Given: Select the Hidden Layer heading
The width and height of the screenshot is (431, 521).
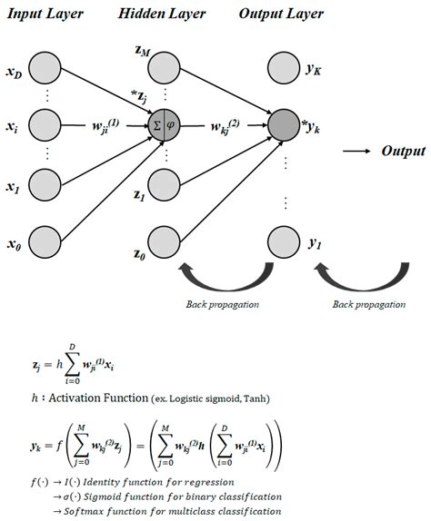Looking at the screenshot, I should pyautogui.click(x=161, y=15).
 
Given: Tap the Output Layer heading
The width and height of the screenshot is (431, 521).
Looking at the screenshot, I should pyautogui.click(x=281, y=15).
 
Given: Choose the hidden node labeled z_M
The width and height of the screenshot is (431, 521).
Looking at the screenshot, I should pyautogui.click(x=165, y=67).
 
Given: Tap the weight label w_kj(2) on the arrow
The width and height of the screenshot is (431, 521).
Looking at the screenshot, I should pyautogui.click(x=224, y=118).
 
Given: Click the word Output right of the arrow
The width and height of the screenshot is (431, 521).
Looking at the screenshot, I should pyautogui.click(x=403, y=151).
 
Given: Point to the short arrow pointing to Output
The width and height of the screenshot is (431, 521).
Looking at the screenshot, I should pyautogui.click(x=358, y=152).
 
